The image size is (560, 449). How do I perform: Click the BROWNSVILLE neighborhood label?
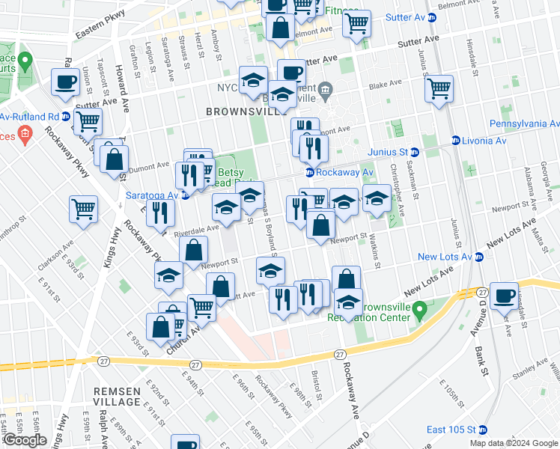pyautogui.click(x=237, y=112)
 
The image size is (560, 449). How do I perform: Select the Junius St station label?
pyautogui.click(x=387, y=152)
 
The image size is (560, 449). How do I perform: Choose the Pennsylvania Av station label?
pyautogui.click(x=524, y=123)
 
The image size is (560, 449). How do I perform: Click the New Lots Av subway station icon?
pyautogui.click(x=479, y=257)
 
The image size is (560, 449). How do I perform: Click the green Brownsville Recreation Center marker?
pyautogui.click(x=420, y=308)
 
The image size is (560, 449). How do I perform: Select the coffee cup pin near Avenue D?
pyautogui.click(x=505, y=295)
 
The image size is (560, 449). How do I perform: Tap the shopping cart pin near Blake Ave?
pyautogui.click(x=439, y=88)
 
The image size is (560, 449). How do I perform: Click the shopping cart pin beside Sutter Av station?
pyautogui.click(x=357, y=22)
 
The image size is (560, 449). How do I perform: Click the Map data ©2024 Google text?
pyautogui.click(x=514, y=443)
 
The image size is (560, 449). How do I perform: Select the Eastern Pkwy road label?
pyautogui.click(x=97, y=32)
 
